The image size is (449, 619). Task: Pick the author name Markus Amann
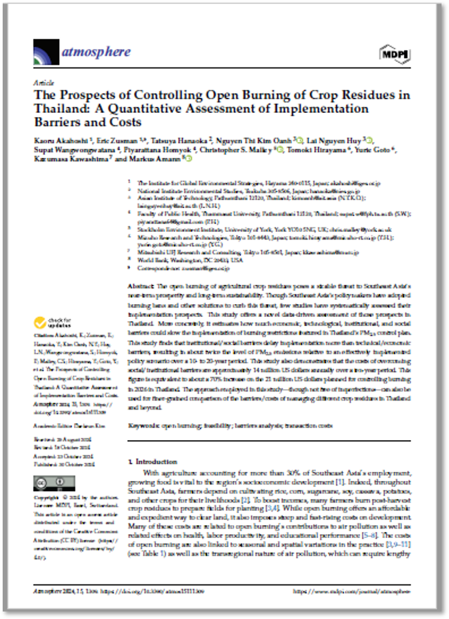point(159,159)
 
